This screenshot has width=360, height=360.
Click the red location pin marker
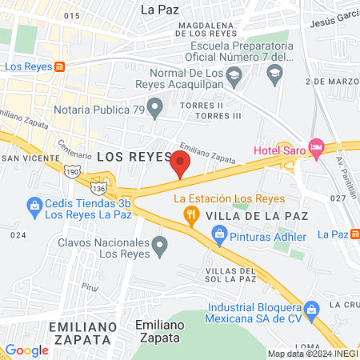tap(180, 166)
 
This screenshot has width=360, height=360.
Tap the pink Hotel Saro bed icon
tap(316, 146)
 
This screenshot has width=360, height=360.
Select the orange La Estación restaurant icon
tap(190, 214)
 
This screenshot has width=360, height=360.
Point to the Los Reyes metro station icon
tap(59, 68)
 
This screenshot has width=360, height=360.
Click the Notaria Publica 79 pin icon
tap(156, 105)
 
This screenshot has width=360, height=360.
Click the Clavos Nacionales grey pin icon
tap(161, 245)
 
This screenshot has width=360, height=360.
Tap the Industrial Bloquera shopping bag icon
tap(313, 308)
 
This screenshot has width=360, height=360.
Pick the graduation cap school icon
tap(275, 74)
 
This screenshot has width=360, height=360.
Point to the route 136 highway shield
tap(98, 187)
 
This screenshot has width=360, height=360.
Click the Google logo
tap(27, 350)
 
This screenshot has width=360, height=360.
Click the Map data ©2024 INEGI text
tap(312, 354)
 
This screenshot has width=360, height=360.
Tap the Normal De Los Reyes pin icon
tap(234, 78)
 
